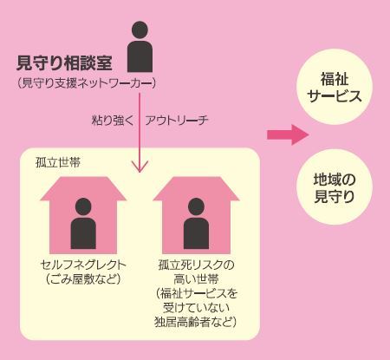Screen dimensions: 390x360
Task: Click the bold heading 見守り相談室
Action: pos(64,63)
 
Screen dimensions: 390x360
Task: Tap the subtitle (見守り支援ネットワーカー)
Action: pos(87,83)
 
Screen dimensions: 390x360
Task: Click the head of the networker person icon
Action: pos(140,29)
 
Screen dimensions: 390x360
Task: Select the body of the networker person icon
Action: pos(140,56)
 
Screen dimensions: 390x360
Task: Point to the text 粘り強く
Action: pos(113,121)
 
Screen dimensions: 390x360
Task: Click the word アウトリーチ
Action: pos(177,121)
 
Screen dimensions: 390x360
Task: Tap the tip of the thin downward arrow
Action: pos(140,173)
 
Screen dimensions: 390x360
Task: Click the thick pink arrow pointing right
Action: pos(288,134)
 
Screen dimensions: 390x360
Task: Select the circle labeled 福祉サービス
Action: pos(335,87)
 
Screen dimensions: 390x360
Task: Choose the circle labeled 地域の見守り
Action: pos(335,187)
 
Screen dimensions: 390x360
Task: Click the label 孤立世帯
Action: pos(58,163)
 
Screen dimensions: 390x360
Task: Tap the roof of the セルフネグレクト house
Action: pos(83,188)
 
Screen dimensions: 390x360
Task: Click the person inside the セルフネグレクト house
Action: pos(83,223)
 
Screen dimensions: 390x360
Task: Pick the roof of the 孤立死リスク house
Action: pos(196,188)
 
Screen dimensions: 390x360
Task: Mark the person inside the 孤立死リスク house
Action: pos(196,223)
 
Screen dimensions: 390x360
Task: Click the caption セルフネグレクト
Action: pos(83,265)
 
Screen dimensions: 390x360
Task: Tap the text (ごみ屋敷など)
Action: pos(83,279)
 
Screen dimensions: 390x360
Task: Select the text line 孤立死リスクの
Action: pos(196,265)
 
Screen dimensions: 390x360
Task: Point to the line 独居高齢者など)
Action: pos(196,322)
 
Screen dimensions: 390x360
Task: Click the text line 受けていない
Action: pos(196,308)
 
